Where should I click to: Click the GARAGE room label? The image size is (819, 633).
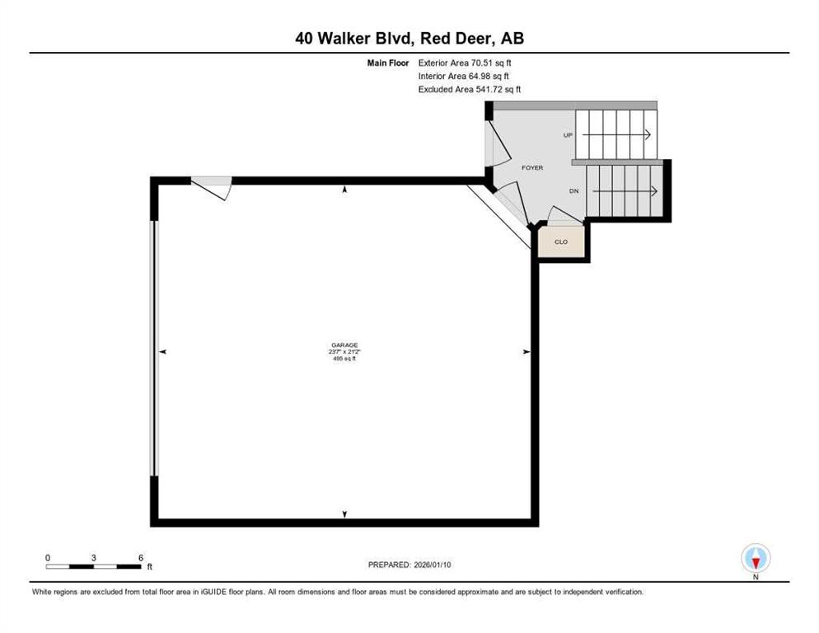pyautogui.click(x=344, y=345)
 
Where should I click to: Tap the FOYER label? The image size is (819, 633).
pyautogui.click(x=532, y=168)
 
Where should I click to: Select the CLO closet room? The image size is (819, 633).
pyautogui.click(x=561, y=241)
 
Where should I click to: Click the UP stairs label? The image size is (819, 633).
pyautogui.click(x=569, y=135)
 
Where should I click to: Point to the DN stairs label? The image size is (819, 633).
pyautogui.click(x=574, y=191)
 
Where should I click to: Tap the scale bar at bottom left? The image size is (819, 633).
pyautogui.click(x=93, y=566)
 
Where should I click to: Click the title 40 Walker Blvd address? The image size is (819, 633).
pyautogui.click(x=409, y=38)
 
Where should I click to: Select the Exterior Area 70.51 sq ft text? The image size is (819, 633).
pyautogui.click(x=465, y=63)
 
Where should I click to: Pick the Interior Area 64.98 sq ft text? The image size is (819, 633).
pyautogui.click(x=464, y=77)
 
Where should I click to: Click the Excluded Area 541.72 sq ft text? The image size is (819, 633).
pyautogui.click(x=470, y=89)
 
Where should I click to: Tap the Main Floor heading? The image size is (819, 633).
pyautogui.click(x=388, y=63)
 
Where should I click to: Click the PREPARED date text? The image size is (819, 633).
pyautogui.click(x=409, y=565)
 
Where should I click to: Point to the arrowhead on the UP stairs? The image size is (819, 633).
pyautogui.click(x=648, y=135)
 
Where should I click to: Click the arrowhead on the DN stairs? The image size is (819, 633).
pyautogui.click(x=654, y=191)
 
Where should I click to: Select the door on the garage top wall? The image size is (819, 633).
pyautogui.click(x=212, y=188)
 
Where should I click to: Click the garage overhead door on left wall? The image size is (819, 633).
pyautogui.click(x=153, y=348)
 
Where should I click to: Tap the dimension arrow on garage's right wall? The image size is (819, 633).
pyautogui.click(x=526, y=352)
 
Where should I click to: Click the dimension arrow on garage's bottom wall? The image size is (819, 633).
pyautogui.click(x=344, y=514)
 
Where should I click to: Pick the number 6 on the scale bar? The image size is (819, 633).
pyautogui.click(x=141, y=558)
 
